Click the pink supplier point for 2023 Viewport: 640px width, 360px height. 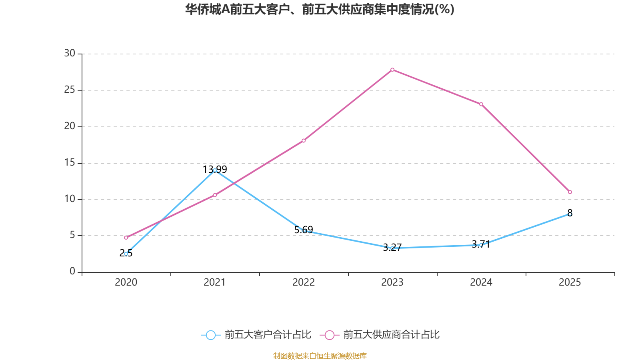pyautogui.click(x=392, y=70)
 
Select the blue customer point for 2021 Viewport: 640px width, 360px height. pyautogui.click(x=215, y=170)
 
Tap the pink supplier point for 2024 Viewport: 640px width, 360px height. pyautogui.click(x=481, y=104)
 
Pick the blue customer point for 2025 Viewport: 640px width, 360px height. pyautogui.click(x=570, y=214)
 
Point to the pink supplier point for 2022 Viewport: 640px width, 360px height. pyautogui.click(x=304, y=140)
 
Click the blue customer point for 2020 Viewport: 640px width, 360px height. pyautogui.click(x=126, y=254)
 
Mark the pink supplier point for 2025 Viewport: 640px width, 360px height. pyautogui.click(x=570, y=192)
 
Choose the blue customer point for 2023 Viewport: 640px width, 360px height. pyautogui.click(x=392, y=248)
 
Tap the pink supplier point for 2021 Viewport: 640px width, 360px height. pyautogui.click(x=215, y=195)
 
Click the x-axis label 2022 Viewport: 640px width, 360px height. pyautogui.click(x=304, y=282)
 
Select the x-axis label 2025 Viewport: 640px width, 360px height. pyautogui.click(x=570, y=282)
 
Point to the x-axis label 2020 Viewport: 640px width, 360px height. pyautogui.click(x=126, y=282)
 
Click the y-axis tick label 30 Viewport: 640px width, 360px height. pyautogui.click(x=70, y=53)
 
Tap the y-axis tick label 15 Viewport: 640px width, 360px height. pyautogui.click(x=70, y=162)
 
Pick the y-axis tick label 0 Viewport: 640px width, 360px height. pyautogui.click(x=72, y=272)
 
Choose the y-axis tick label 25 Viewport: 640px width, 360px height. pyautogui.click(x=70, y=90)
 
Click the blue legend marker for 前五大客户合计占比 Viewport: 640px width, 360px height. pyautogui.click(x=211, y=335)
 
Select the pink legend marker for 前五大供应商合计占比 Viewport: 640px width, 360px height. pyautogui.click(x=329, y=335)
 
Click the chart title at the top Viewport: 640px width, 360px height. pyautogui.click(x=320, y=9)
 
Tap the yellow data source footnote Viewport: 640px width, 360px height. pyautogui.click(x=320, y=356)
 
